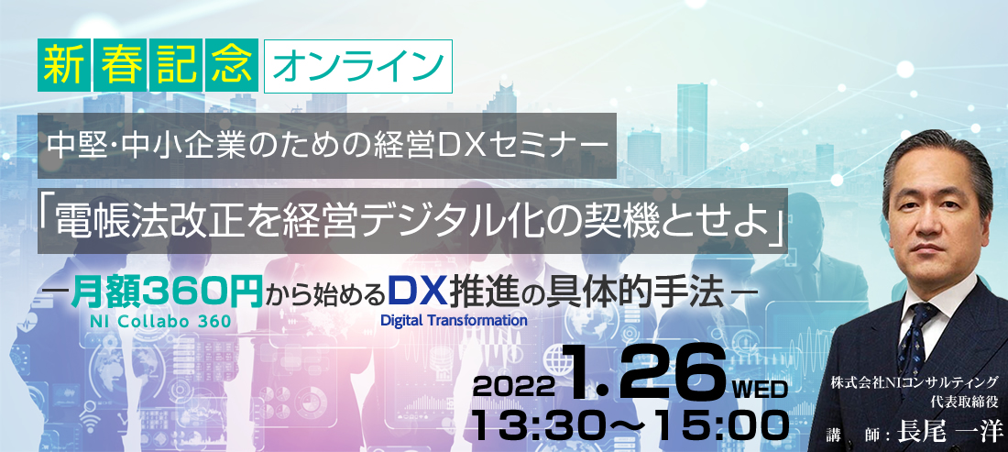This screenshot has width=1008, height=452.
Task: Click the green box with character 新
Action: point(63,66)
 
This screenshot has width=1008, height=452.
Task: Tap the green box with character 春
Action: point(119,66)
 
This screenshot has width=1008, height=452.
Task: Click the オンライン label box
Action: point(358,66)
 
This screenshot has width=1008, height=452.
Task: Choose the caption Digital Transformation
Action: point(454,318)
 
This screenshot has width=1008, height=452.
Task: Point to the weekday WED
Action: point(761,389)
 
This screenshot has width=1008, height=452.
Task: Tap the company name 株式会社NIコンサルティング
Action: point(915,382)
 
